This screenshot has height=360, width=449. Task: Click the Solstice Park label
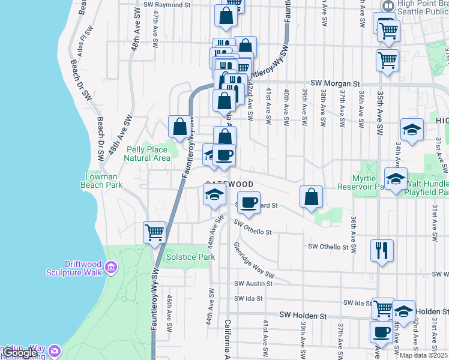(198, 257)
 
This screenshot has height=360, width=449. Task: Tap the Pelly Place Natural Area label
(147, 154)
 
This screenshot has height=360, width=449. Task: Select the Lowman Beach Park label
(101, 181)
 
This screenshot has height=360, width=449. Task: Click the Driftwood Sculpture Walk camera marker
(110, 266)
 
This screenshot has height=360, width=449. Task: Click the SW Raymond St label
(167, 4)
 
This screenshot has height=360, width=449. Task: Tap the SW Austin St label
(253, 283)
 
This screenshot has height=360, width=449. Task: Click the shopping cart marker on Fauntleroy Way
(154, 232)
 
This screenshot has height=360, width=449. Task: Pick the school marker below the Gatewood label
(214, 194)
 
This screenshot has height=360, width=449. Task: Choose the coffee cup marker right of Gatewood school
(249, 202)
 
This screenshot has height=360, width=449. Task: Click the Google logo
(20, 353)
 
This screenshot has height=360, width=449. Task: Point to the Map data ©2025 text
(424, 355)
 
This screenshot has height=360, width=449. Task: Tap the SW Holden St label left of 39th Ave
(303, 315)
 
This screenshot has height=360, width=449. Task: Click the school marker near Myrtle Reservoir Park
(396, 179)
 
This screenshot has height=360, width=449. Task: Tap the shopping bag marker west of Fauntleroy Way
(179, 127)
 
